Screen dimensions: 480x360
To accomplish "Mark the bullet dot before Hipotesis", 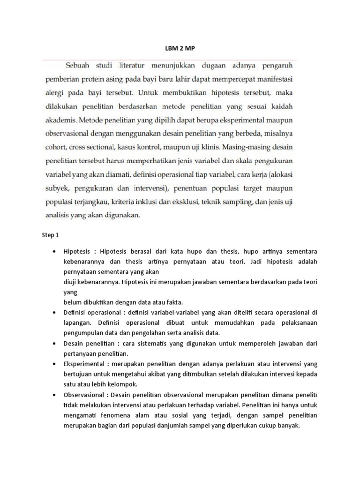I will point(56,252).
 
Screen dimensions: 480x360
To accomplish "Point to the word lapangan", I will point(78,322).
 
